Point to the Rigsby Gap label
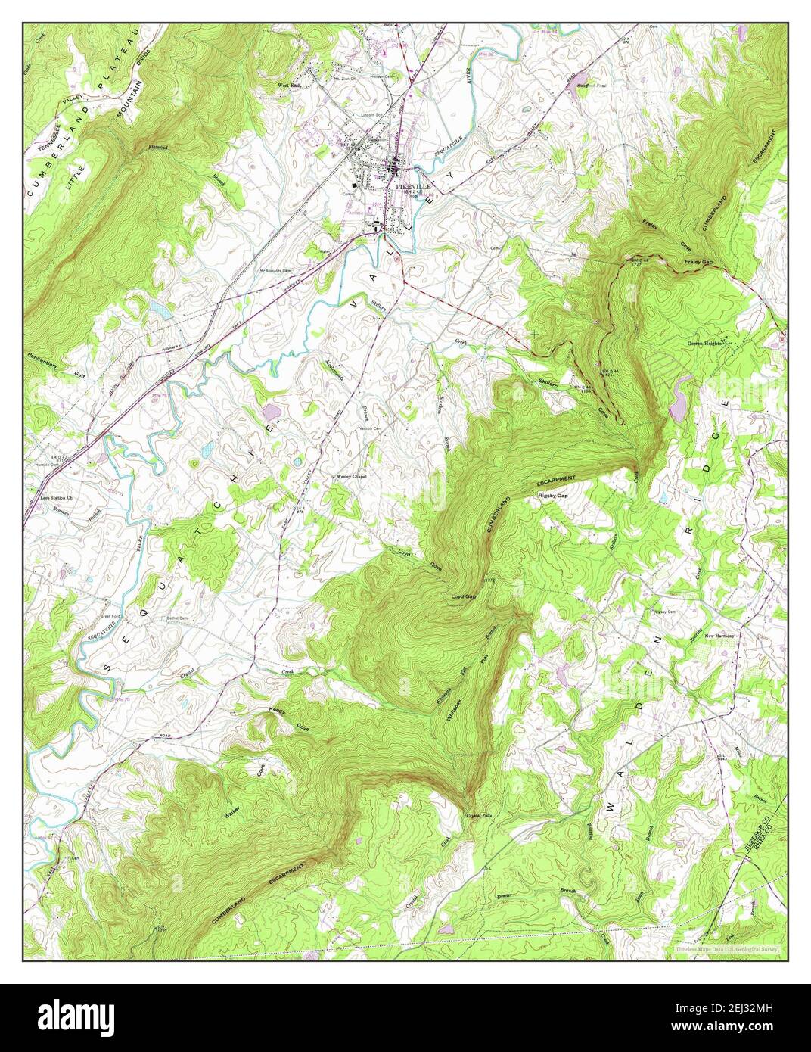(x=552, y=496)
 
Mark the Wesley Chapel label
(x=351, y=477)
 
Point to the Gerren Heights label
(x=704, y=343)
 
